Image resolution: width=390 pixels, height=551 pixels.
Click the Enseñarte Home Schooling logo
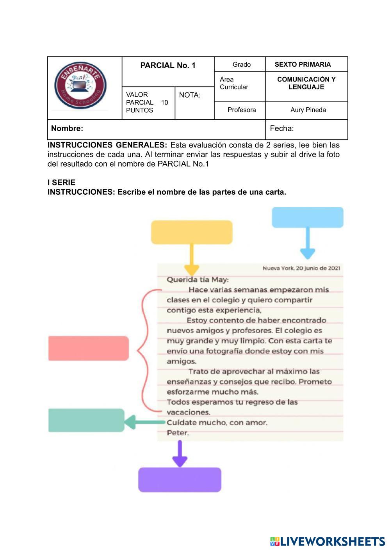tap(80, 86)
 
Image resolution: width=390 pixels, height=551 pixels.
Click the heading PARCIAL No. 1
tap(168, 66)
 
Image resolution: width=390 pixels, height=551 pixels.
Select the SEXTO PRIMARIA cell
tap(303, 64)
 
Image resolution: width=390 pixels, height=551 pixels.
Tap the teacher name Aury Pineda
tap(308, 110)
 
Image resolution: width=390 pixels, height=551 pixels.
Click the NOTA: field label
tap(190, 95)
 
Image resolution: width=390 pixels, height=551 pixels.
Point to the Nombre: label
tap(67, 128)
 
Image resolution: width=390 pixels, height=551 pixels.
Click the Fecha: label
tap(282, 128)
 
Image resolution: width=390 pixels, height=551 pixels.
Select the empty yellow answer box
tap(192, 232)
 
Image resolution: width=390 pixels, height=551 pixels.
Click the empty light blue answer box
tap(308, 217)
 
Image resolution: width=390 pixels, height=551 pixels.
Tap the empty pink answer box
tap(89, 348)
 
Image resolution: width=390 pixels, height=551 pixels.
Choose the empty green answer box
tap(86, 420)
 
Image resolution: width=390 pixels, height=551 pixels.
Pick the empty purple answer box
tap(180, 480)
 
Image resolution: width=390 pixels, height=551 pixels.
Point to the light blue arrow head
tap(308, 254)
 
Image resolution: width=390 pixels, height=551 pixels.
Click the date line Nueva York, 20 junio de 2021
tap(301, 268)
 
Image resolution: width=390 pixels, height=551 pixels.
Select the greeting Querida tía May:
tap(198, 279)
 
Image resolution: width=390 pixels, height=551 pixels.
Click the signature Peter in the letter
tap(178, 433)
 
